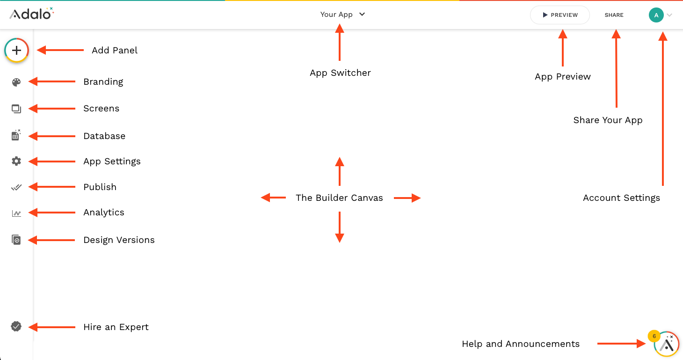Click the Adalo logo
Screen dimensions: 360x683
coord(31,14)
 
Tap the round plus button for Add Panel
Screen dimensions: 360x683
coord(16,50)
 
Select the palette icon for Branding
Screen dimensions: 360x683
coord(16,82)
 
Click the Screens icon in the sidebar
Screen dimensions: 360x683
coord(16,109)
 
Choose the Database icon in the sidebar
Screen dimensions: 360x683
coord(16,136)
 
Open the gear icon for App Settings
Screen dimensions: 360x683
coord(16,161)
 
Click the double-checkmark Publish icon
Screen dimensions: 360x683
coord(16,187)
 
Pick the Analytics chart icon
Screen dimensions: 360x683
coord(16,213)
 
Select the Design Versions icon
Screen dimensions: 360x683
coord(16,240)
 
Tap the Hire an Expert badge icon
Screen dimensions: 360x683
coord(16,327)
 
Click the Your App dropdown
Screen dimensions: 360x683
coord(342,15)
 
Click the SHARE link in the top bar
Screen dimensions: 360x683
coord(614,15)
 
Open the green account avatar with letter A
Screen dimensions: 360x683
coord(656,15)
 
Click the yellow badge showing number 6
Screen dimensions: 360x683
coord(654,336)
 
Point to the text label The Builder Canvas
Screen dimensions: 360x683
coord(339,198)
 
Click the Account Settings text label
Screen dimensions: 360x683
coord(621,198)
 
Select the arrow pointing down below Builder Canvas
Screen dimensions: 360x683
coord(340,228)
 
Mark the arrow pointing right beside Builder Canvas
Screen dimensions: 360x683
coord(407,198)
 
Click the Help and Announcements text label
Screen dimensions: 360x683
coord(520,344)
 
